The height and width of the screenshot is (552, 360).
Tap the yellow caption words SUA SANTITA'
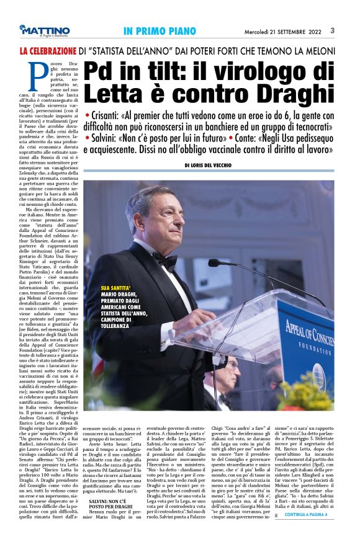click(x=116, y=288)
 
